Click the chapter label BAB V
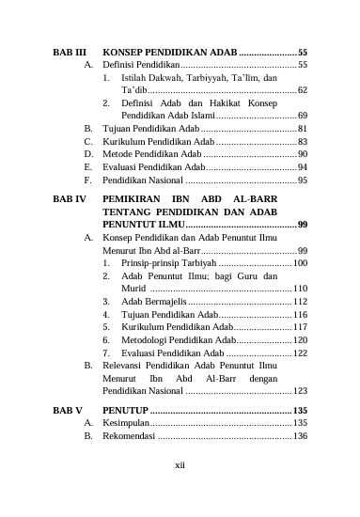point(68,411)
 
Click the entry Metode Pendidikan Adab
point(152,153)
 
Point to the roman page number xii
point(180,462)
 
